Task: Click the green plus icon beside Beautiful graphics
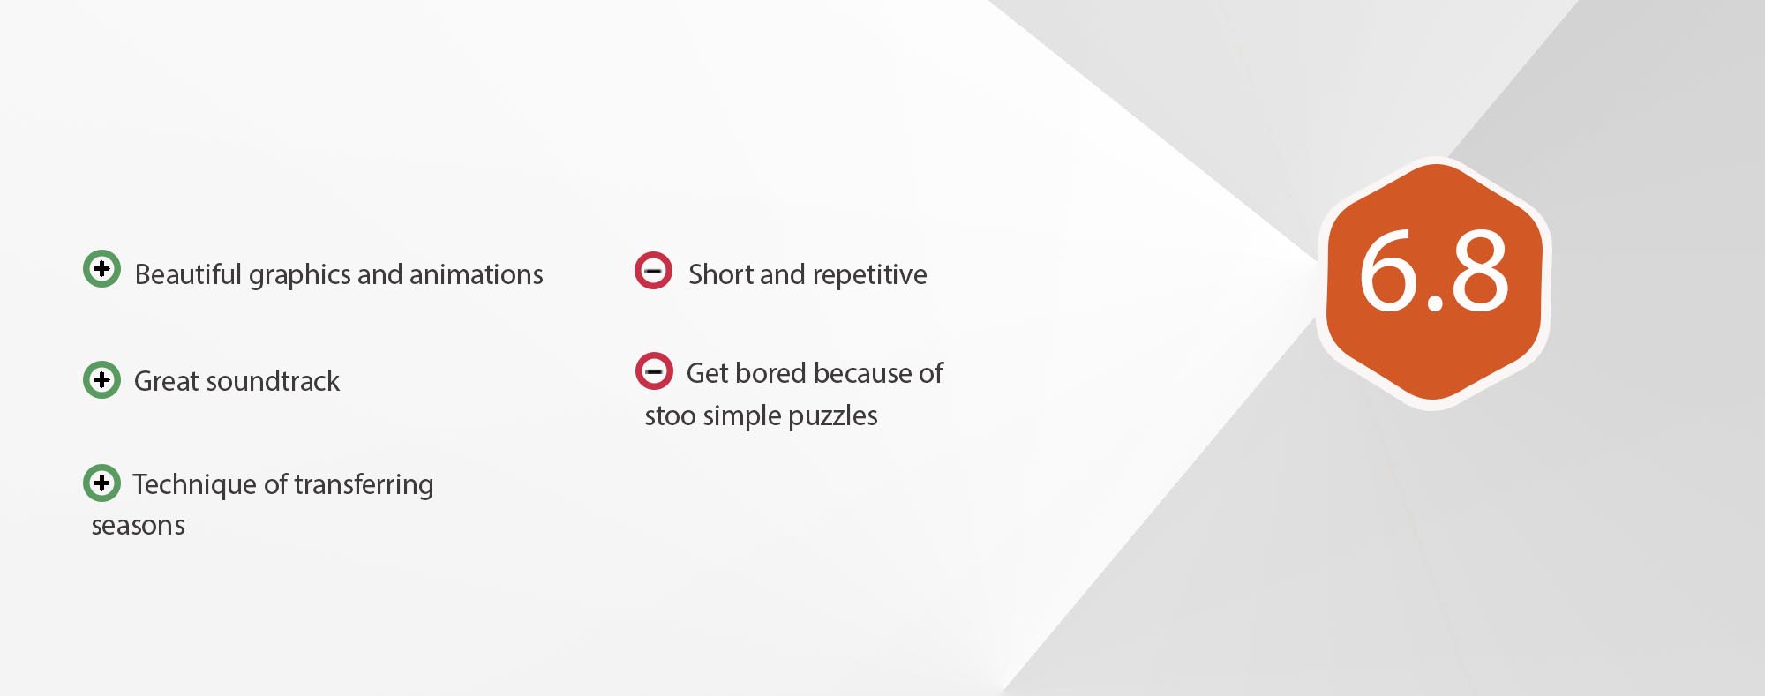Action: coord(101,268)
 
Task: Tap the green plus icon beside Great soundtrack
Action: coord(101,379)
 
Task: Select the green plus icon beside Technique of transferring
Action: coord(101,483)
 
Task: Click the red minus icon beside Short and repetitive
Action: coord(654,271)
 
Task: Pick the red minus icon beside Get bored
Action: coord(654,371)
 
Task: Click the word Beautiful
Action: coord(188,274)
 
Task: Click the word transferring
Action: coord(364,485)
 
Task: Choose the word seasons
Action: coord(139,527)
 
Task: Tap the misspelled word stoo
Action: coord(671,416)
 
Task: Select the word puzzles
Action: coord(833,416)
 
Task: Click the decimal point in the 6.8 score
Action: coord(1435,303)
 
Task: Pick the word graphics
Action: coord(300,275)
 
